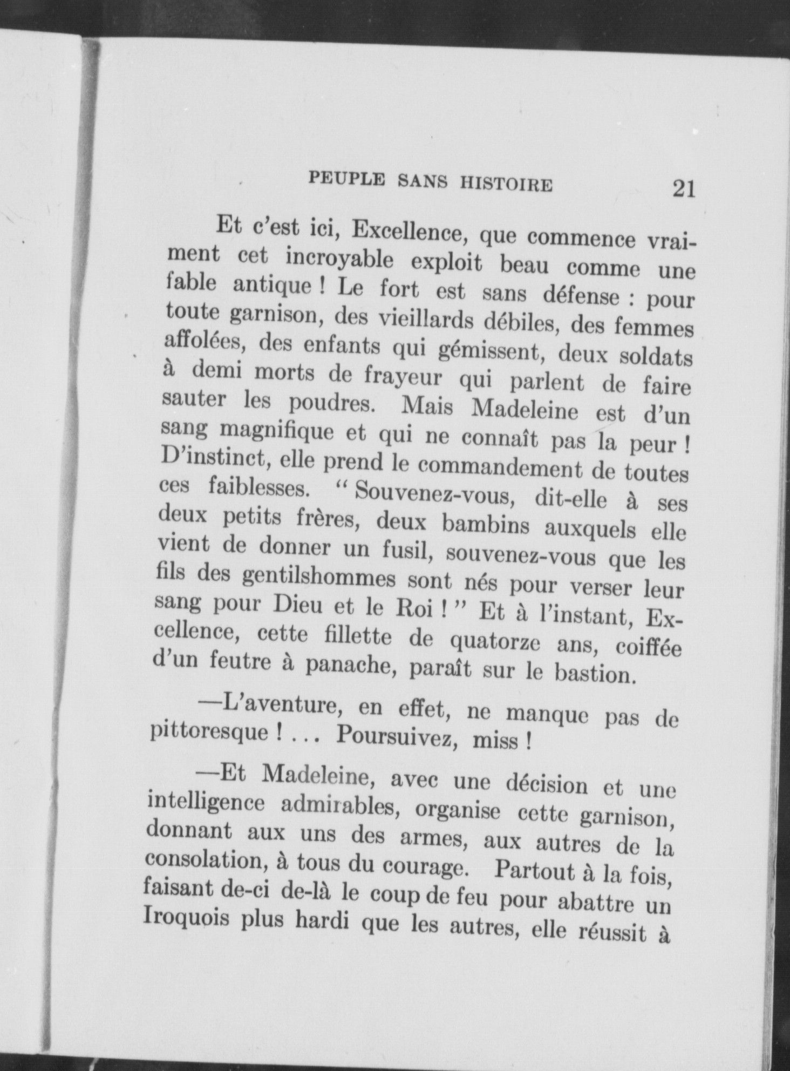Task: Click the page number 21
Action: (683, 188)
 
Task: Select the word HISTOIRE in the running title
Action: (506, 185)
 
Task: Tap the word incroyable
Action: (339, 259)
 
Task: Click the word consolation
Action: (205, 859)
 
